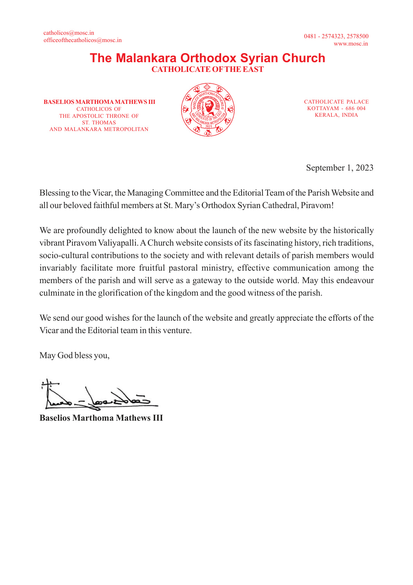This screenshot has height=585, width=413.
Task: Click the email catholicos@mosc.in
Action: click(69, 33)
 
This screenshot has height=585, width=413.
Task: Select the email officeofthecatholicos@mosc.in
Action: click(83, 40)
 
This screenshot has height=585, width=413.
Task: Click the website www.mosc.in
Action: click(351, 44)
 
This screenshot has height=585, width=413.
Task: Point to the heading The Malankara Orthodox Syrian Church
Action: click(208, 58)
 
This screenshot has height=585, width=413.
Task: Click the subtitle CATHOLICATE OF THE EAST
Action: click(208, 69)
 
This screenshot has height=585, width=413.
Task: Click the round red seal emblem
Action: click(208, 110)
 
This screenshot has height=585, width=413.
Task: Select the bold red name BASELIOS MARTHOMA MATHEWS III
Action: click(99, 102)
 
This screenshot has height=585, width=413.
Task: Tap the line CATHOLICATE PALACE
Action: click(336, 102)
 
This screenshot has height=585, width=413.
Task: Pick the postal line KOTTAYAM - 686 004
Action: click(336, 108)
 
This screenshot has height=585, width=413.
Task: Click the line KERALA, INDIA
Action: click(336, 115)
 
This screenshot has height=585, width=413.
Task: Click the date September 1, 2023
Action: click(339, 168)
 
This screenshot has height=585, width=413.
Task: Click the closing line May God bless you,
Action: click(75, 355)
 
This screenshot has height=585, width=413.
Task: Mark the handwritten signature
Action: click(99, 395)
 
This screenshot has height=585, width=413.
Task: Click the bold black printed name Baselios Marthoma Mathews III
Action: click(101, 418)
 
